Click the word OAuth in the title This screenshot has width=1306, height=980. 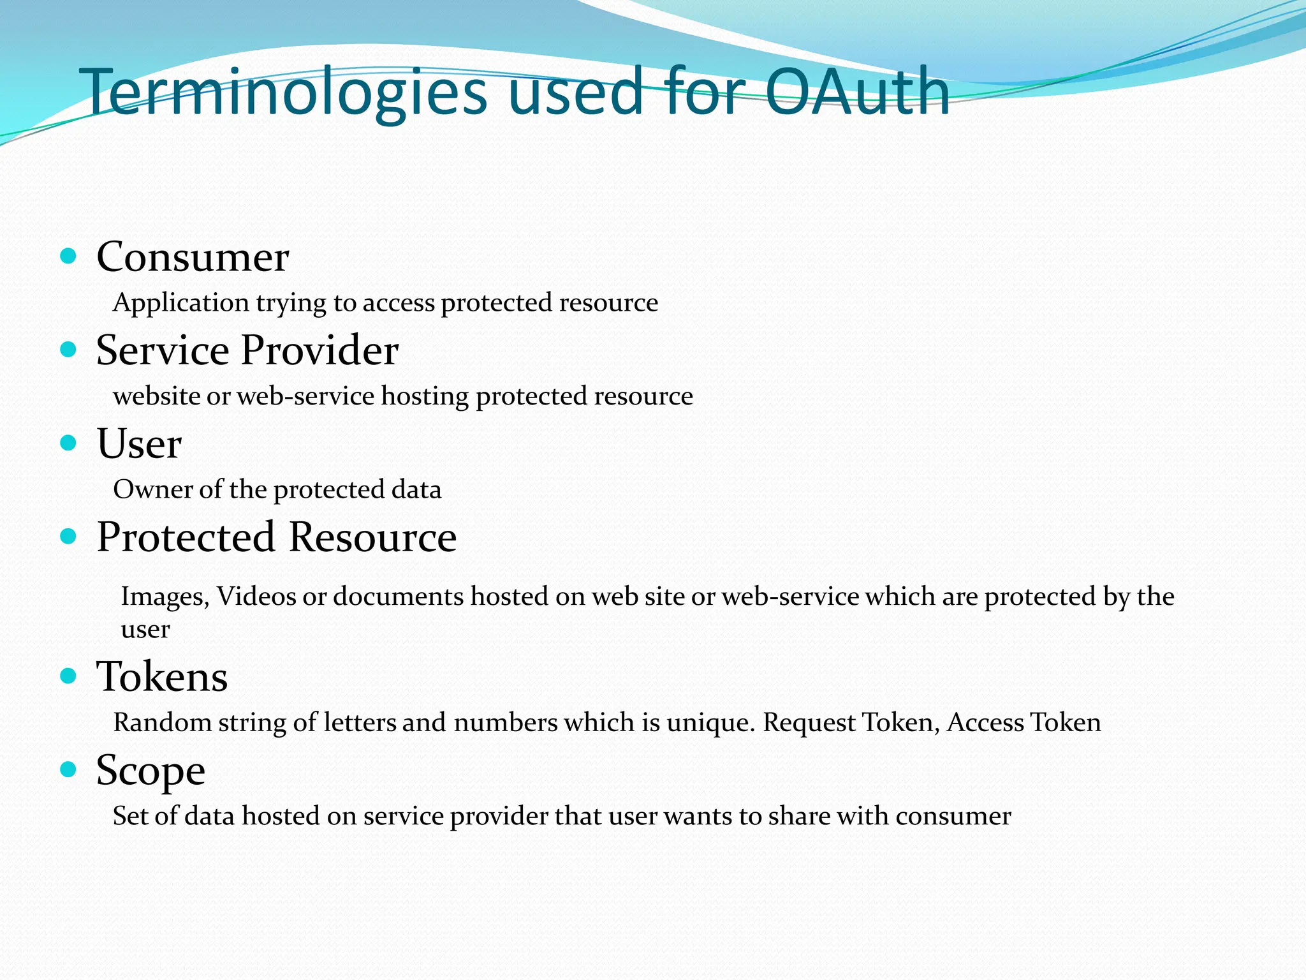pos(856,93)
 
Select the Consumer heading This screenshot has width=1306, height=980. pos(193,257)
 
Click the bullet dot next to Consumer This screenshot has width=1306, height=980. pos(68,256)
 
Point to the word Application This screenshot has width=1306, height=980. pos(180,303)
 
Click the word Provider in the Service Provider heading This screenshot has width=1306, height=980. pos(319,350)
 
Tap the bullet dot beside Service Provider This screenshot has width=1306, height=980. pos(68,350)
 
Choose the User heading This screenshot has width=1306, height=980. pos(139,443)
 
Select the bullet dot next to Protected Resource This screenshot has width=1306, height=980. pos(68,536)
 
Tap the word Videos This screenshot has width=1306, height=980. pos(256,597)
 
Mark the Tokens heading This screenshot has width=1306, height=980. pos(162,676)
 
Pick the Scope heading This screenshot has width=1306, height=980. pos(150,771)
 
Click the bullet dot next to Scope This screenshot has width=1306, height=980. pos(68,769)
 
